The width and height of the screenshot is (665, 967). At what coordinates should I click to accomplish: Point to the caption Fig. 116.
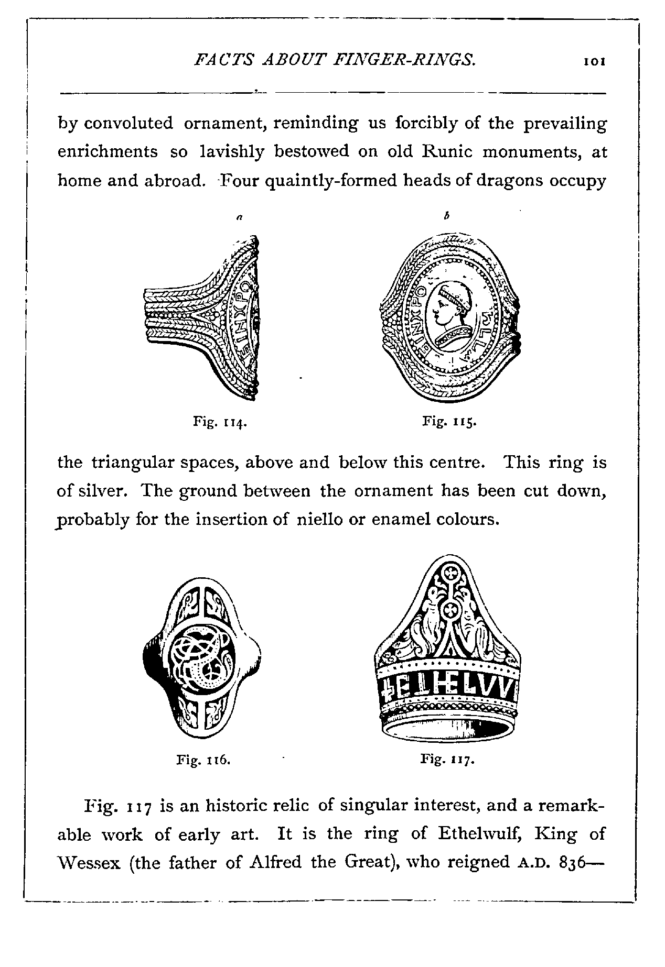coord(203,760)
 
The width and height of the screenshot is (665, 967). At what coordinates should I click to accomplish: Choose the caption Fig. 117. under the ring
coord(447,759)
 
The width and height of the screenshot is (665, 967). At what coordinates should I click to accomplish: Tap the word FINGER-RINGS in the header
coord(404,60)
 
